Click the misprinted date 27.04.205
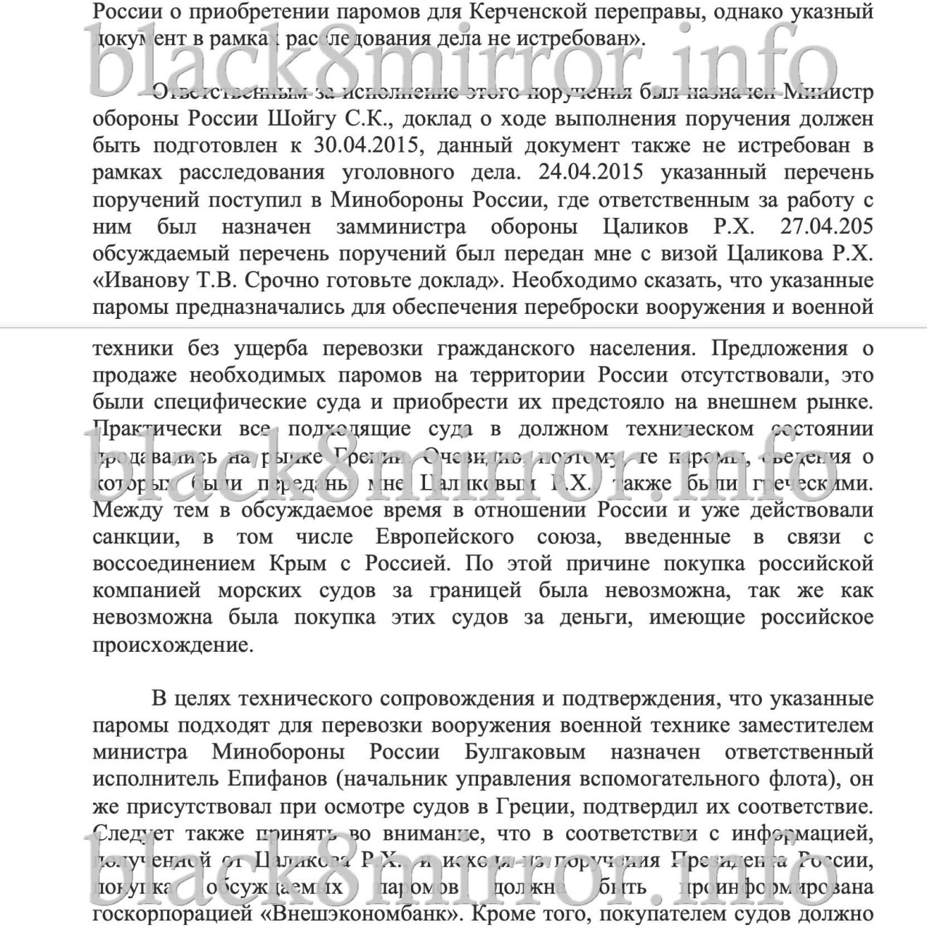coord(827,226)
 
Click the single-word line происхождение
coord(174,644)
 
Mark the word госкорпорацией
coord(173,913)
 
